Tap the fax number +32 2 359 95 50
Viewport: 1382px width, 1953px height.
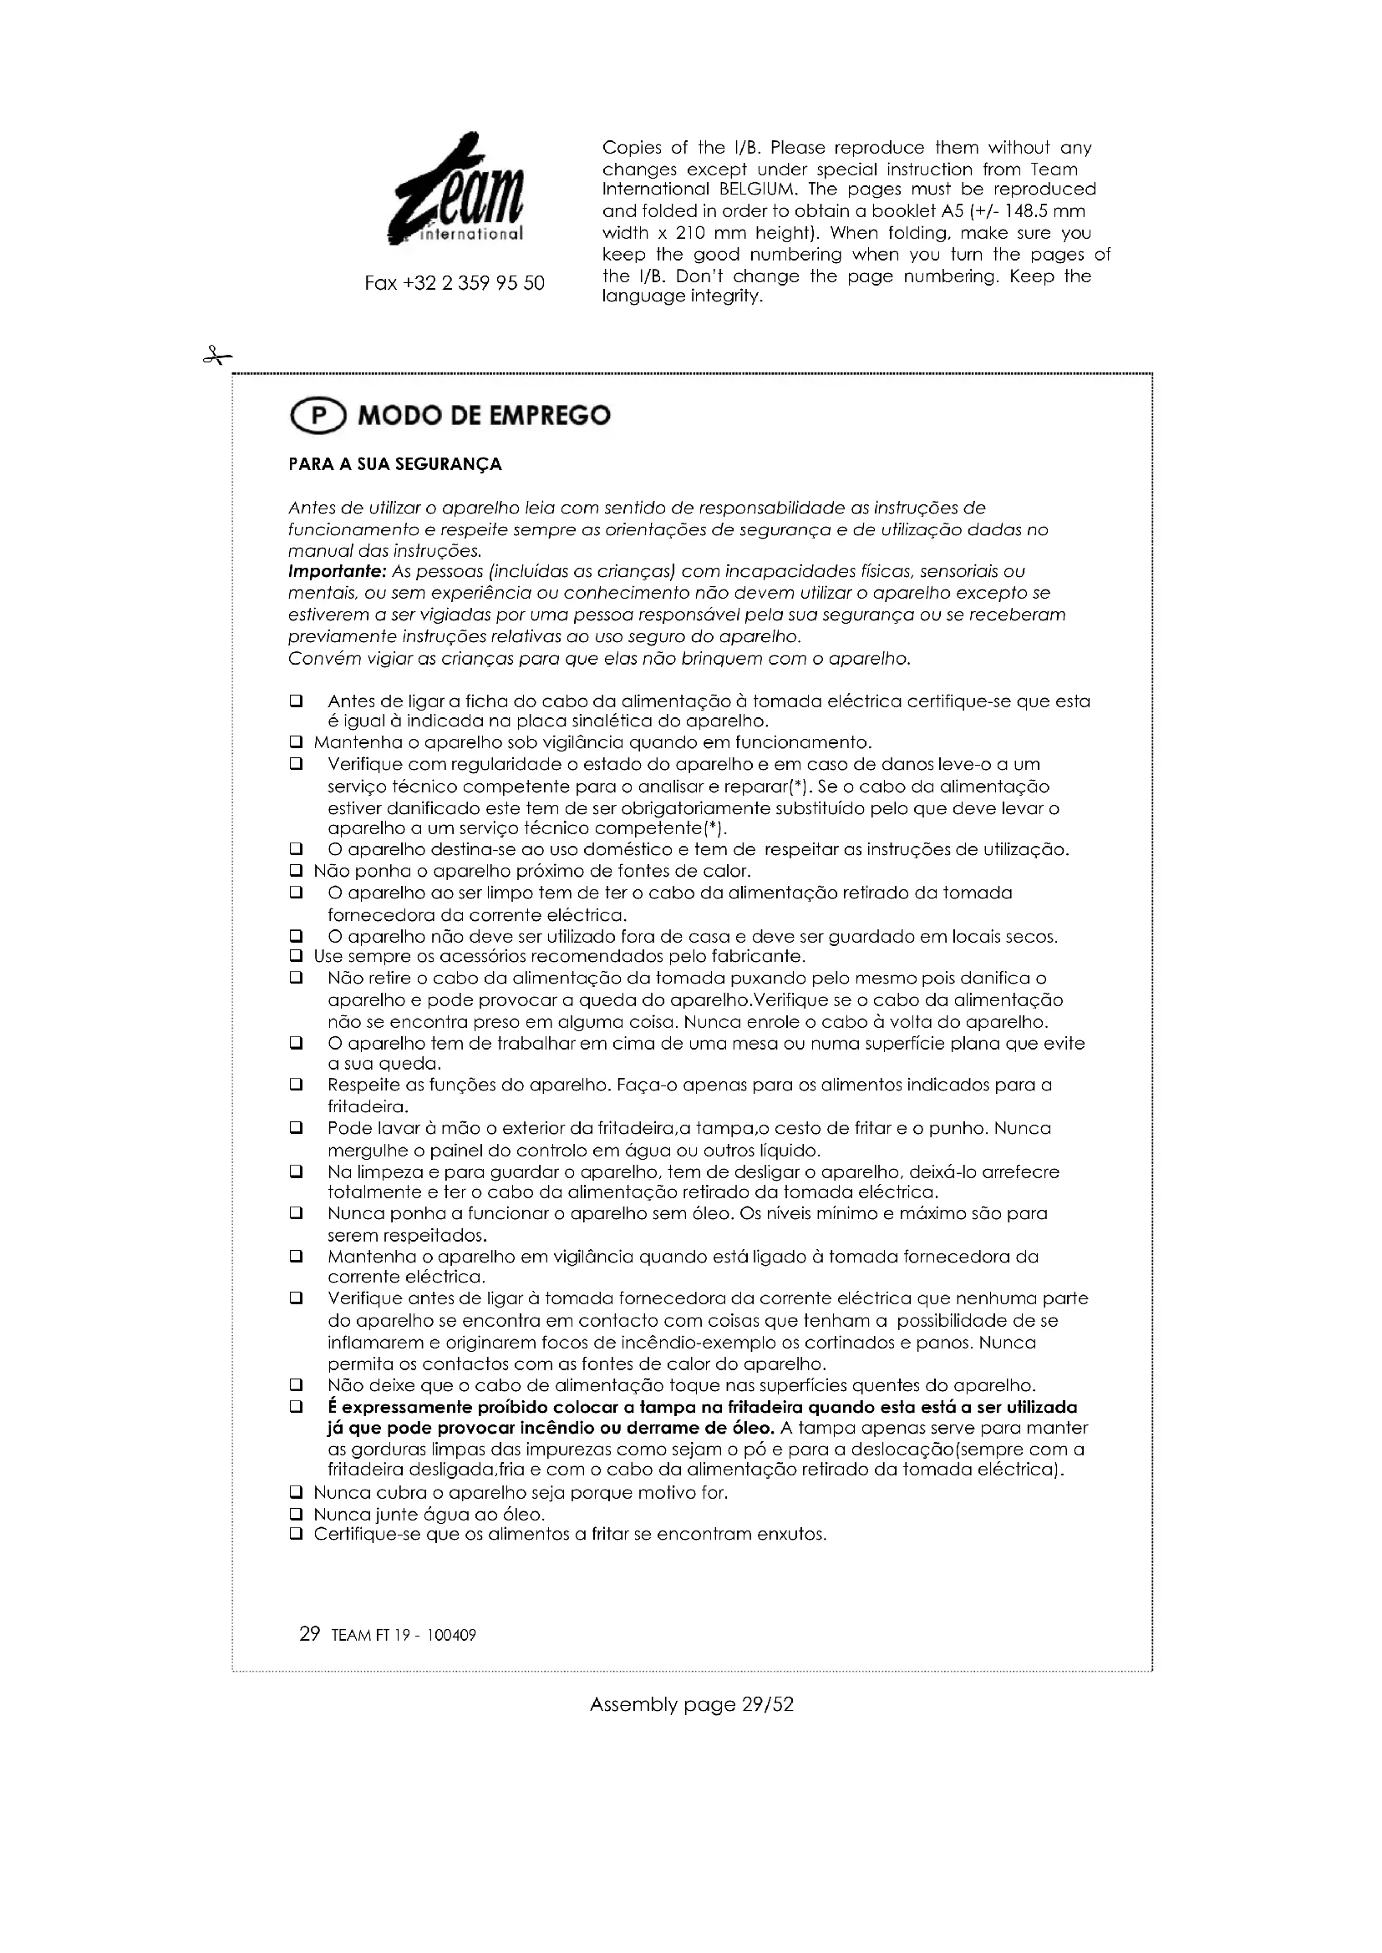(x=455, y=283)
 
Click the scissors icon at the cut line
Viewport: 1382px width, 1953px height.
(x=217, y=356)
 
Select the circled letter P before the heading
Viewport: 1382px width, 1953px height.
(x=318, y=416)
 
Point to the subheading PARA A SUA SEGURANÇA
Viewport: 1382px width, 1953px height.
(x=395, y=464)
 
